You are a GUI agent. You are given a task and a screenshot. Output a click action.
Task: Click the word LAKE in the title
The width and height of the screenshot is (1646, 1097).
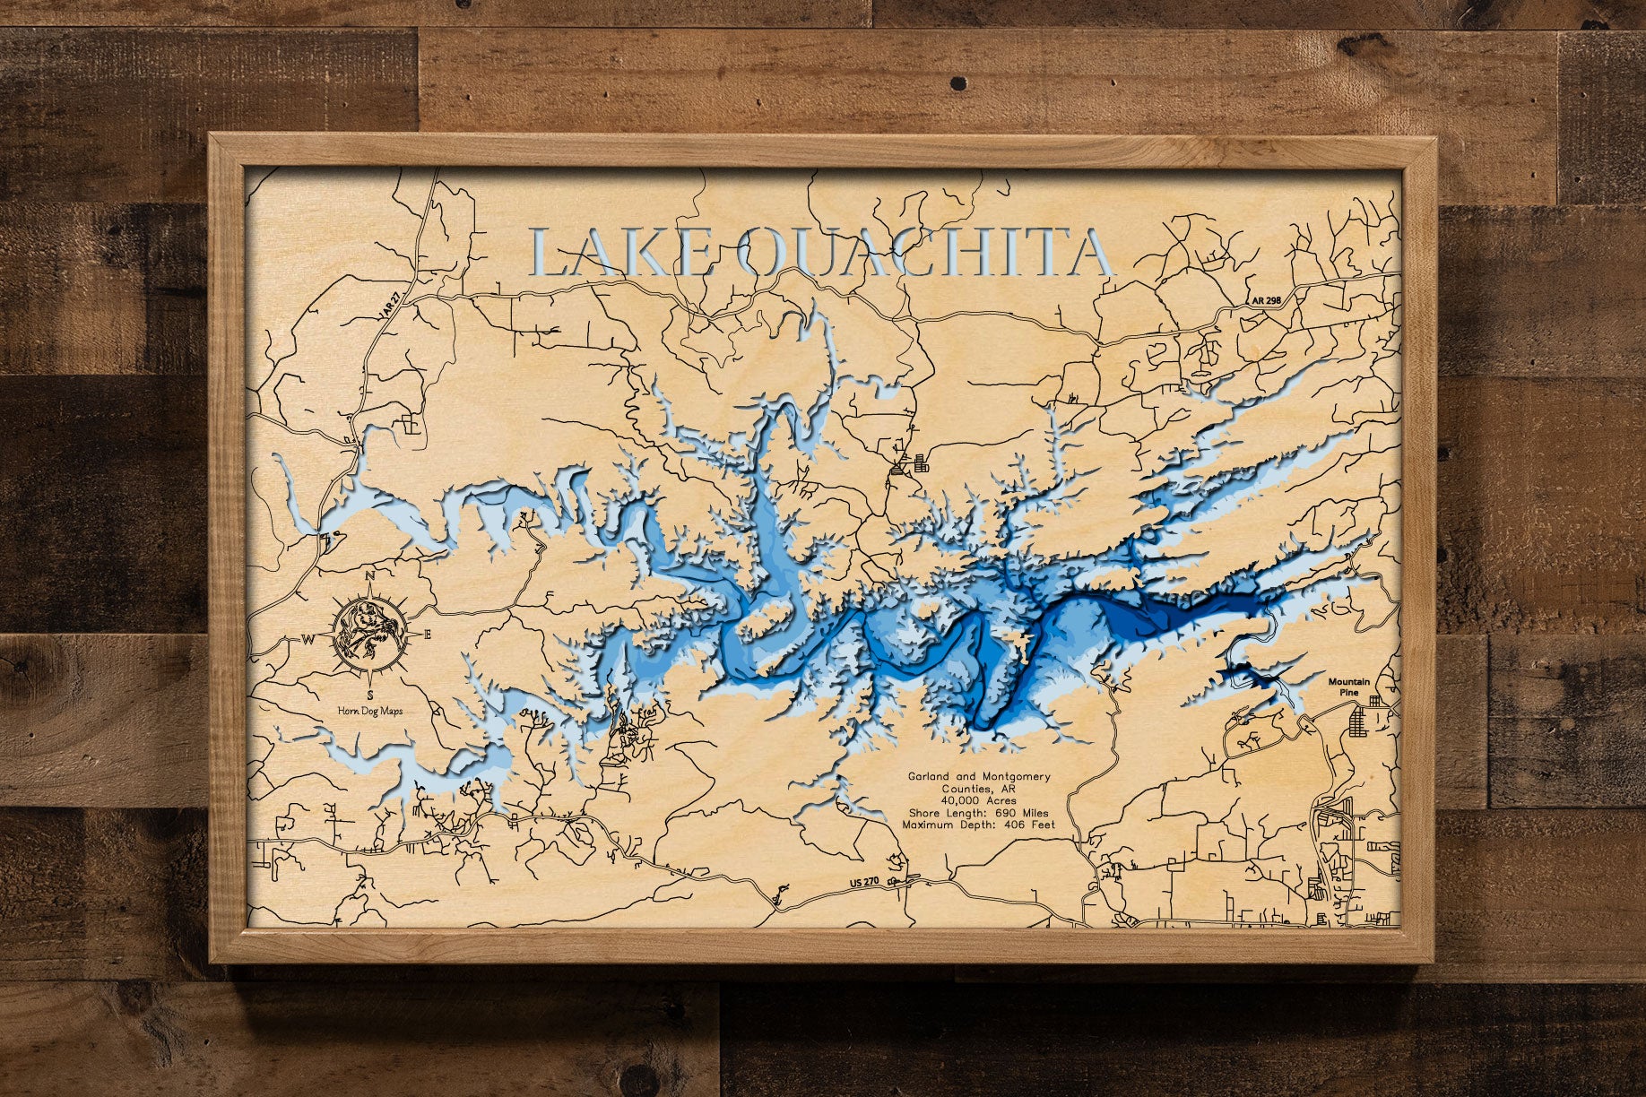(623, 253)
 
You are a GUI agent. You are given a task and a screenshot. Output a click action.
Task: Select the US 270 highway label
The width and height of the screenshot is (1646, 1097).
(864, 884)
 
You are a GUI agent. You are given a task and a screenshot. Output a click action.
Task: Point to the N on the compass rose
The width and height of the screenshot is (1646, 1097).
(370, 576)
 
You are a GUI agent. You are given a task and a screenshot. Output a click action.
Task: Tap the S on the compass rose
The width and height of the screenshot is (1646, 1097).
(369, 695)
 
